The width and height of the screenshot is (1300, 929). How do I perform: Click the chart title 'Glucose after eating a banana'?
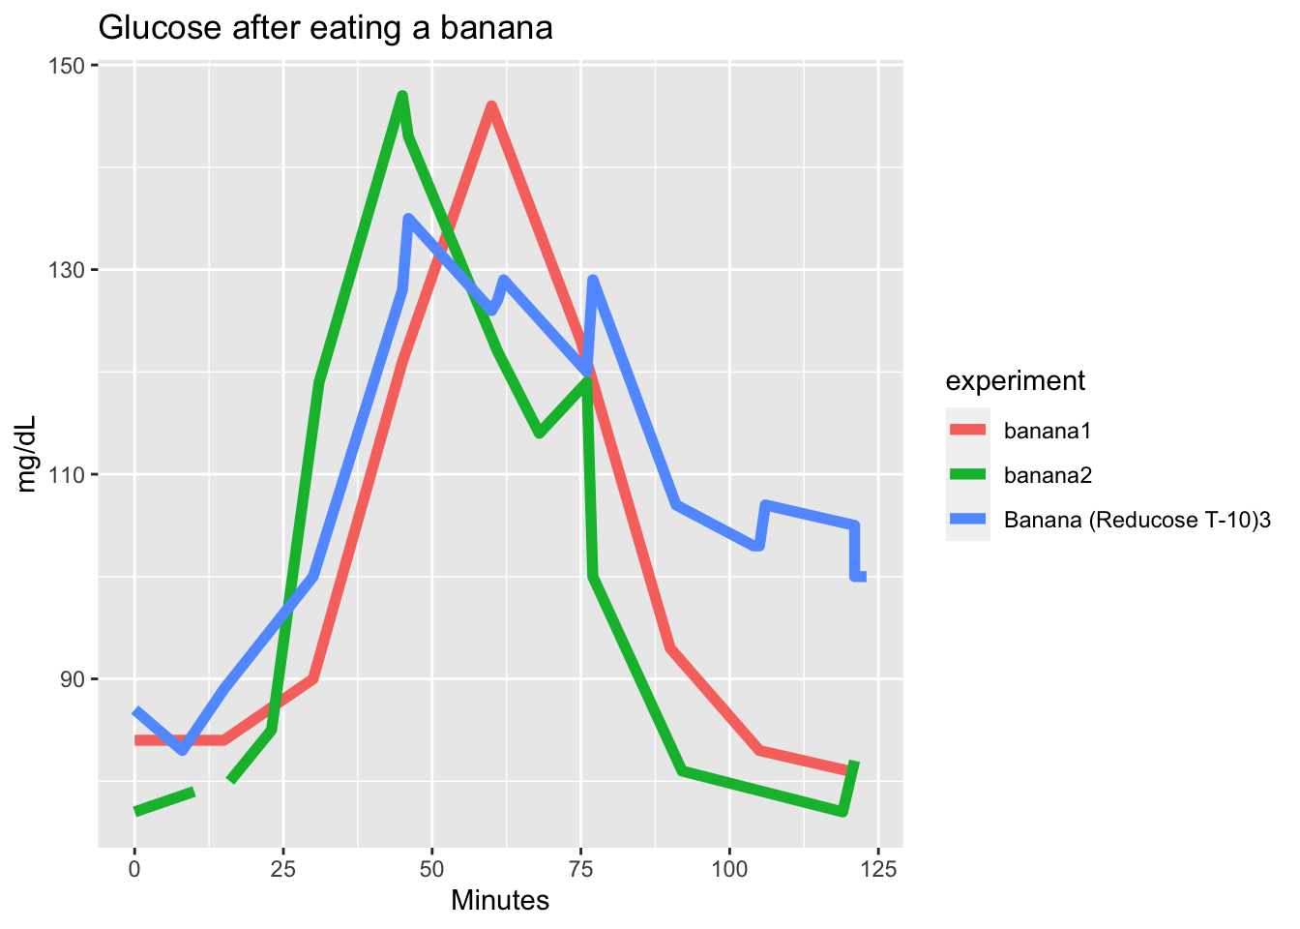click(x=325, y=28)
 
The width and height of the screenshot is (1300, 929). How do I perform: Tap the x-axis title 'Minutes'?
click(x=500, y=901)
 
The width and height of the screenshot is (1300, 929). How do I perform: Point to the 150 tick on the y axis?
click(x=69, y=66)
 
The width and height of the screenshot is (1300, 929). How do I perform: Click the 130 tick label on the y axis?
click(x=69, y=270)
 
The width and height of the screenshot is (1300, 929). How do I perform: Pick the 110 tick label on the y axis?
click(x=69, y=475)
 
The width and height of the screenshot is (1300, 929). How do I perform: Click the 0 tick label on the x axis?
click(x=134, y=869)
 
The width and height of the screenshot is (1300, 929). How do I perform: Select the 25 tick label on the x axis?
click(x=283, y=869)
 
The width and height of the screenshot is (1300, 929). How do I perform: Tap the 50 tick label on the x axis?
click(x=432, y=869)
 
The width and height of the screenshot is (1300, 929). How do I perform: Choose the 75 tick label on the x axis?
click(x=580, y=869)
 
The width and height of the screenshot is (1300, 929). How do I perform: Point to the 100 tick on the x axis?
click(x=729, y=869)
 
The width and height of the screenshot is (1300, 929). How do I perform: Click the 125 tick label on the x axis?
click(x=878, y=869)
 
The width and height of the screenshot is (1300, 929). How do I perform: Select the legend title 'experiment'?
click(x=1015, y=381)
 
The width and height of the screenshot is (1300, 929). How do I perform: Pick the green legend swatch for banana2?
click(x=967, y=475)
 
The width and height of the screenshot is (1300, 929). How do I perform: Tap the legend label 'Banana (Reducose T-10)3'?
click(x=1137, y=521)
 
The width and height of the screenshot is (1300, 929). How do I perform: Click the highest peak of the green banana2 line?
click(x=402, y=95)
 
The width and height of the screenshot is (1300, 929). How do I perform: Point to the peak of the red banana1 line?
click(x=491, y=105)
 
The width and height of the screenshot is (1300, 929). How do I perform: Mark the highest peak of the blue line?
click(x=408, y=219)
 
